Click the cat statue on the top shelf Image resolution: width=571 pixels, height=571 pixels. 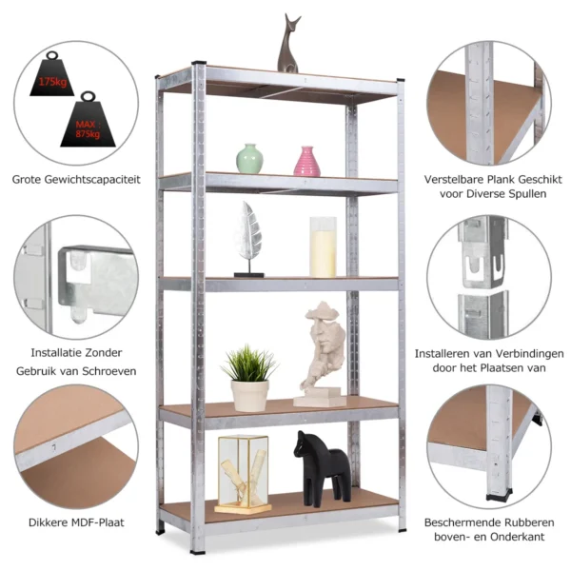[289, 46]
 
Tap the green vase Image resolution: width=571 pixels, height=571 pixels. [249, 159]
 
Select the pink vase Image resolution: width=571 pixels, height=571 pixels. [306, 161]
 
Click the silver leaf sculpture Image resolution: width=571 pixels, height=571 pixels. [248, 236]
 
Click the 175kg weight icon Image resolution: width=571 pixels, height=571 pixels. [53, 79]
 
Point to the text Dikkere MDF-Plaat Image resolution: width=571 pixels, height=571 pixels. [76, 522]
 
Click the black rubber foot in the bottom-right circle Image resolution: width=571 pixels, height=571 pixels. [497, 494]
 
